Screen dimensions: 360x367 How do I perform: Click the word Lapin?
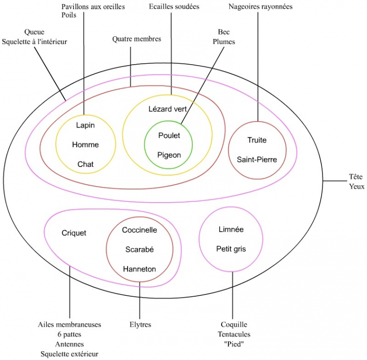[85, 125]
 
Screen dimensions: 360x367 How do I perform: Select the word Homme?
[85, 145]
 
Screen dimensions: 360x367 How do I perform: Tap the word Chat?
[85, 164]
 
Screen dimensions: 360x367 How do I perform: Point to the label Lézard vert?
[167, 109]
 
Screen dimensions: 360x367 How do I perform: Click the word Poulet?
[169, 136]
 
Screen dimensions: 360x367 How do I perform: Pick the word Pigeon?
[169, 155]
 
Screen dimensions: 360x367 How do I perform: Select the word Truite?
[257, 140]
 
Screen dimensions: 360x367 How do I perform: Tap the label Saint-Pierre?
[257, 159]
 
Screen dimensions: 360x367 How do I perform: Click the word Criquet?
[74, 233]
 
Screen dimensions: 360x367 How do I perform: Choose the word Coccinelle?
[140, 230]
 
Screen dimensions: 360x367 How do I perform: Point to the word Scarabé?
[140, 249]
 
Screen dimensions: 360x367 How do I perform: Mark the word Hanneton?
[140, 269]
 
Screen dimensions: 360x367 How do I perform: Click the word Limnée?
[231, 230]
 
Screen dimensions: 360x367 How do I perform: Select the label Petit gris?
[231, 249]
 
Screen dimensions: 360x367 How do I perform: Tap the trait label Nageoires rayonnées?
[260, 7]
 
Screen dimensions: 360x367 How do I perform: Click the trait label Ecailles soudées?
[174, 7]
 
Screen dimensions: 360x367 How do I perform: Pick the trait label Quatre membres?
[136, 39]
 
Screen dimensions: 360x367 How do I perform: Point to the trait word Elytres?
[140, 325]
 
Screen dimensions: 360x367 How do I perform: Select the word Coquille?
[234, 324]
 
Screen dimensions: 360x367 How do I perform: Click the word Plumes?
[224, 42]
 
